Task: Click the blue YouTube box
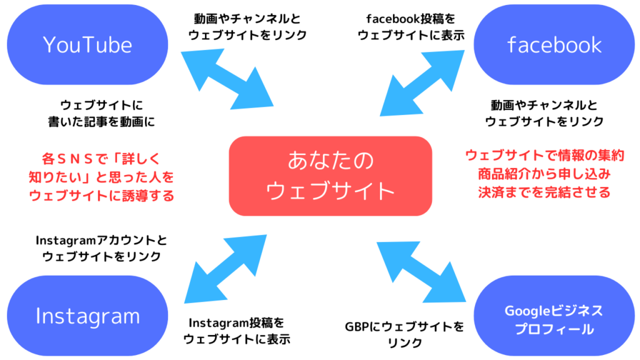point(87,44)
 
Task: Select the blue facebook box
point(554,44)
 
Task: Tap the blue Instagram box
point(87,316)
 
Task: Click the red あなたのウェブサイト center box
point(331,176)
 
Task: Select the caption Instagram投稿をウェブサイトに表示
point(237,331)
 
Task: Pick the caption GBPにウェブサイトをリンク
point(405,334)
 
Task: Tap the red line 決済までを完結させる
point(544,191)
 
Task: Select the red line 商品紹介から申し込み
point(544,173)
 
